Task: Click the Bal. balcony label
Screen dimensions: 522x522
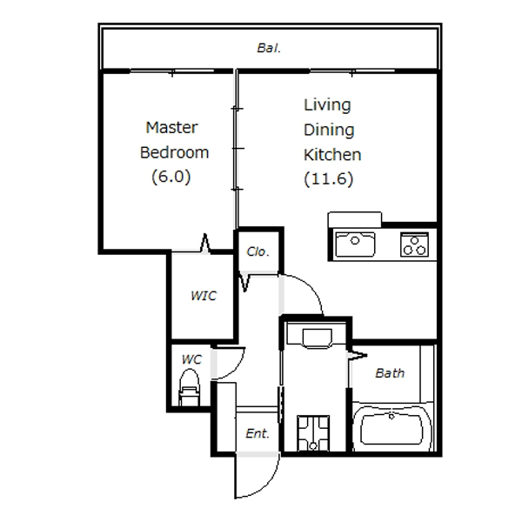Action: [x=269, y=48]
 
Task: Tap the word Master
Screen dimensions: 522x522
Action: [x=171, y=128]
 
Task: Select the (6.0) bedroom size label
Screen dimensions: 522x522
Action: [x=171, y=177]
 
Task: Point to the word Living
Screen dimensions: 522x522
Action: [x=327, y=105]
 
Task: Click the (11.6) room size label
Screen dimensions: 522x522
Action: [x=329, y=179]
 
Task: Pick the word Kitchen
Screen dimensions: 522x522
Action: [x=332, y=155]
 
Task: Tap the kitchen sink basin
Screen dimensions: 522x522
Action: [x=355, y=244]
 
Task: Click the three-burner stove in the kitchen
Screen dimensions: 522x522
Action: [x=414, y=244]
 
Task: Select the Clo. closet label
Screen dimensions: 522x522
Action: [x=258, y=251]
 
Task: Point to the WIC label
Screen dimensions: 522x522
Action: [x=204, y=296]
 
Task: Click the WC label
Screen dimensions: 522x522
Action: [x=191, y=359]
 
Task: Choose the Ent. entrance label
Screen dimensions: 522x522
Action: [x=258, y=433]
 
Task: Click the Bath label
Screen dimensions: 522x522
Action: [x=390, y=373]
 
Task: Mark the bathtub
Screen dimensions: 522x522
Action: [x=391, y=428]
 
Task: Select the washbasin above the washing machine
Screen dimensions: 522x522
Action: [x=318, y=338]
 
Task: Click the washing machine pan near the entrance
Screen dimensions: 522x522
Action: [x=313, y=433]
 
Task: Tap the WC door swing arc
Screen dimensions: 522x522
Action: [x=237, y=370]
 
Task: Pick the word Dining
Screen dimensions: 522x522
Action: [x=329, y=130]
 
